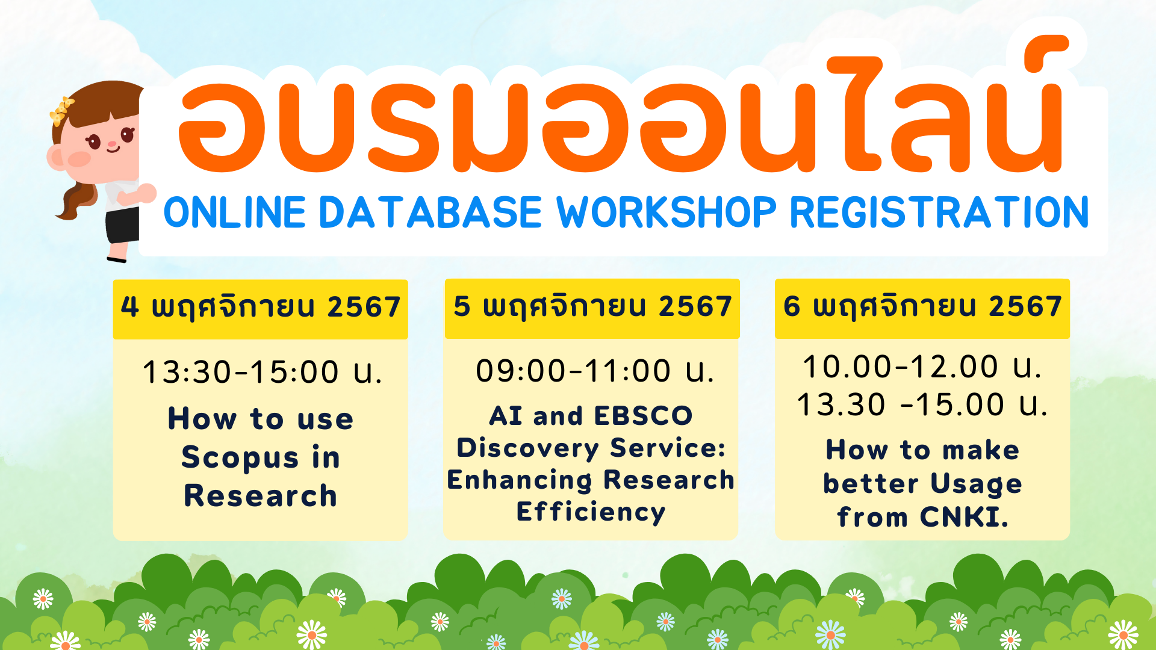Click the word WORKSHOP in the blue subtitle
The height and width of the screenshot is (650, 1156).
click(x=666, y=212)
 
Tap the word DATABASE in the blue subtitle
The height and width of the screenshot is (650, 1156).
click(x=430, y=212)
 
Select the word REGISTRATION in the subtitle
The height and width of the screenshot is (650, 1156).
click(x=939, y=212)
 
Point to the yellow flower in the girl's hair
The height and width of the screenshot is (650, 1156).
click(x=61, y=111)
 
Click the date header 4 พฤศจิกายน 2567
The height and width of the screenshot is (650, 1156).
click(x=260, y=307)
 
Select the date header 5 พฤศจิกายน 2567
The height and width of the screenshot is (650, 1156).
click(x=592, y=306)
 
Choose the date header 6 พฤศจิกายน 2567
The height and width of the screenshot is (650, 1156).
click(x=922, y=306)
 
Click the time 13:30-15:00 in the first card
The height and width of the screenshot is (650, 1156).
click(x=241, y=371)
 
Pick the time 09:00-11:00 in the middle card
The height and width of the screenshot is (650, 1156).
click(x=573, y=370)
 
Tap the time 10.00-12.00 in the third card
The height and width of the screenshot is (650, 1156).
click(x=901, y=367)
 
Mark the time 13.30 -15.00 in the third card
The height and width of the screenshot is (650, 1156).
click(x=901, y=404)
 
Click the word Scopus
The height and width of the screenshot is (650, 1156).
click(x=240, y=459)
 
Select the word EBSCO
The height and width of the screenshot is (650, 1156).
click(x=643, y=416)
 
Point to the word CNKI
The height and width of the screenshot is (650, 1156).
click(x=964, y=517)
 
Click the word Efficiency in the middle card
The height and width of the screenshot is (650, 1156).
click(x=591, y=513)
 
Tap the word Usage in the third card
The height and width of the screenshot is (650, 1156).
click(x=976, y=484)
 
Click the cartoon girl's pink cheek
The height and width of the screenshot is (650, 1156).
click(x=79, y=159)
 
